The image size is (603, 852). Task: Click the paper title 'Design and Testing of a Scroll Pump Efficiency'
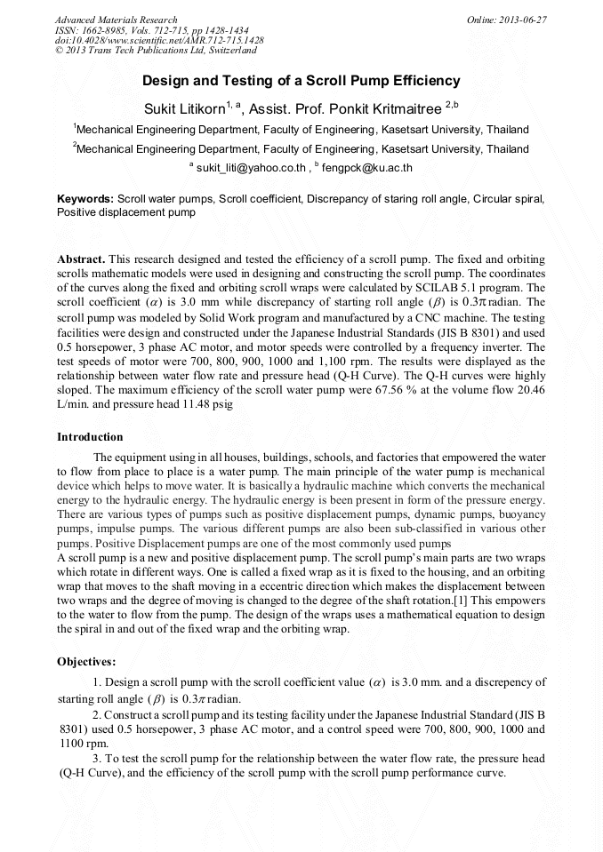(301, 81)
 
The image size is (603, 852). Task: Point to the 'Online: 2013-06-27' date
(507, 20)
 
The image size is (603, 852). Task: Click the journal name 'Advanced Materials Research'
(116, 20)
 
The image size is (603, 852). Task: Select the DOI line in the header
(159, 41)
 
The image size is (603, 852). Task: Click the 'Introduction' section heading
(90, 437)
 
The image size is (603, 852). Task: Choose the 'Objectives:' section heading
(86, 662)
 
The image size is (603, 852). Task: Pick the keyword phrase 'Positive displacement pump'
(125, 213)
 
